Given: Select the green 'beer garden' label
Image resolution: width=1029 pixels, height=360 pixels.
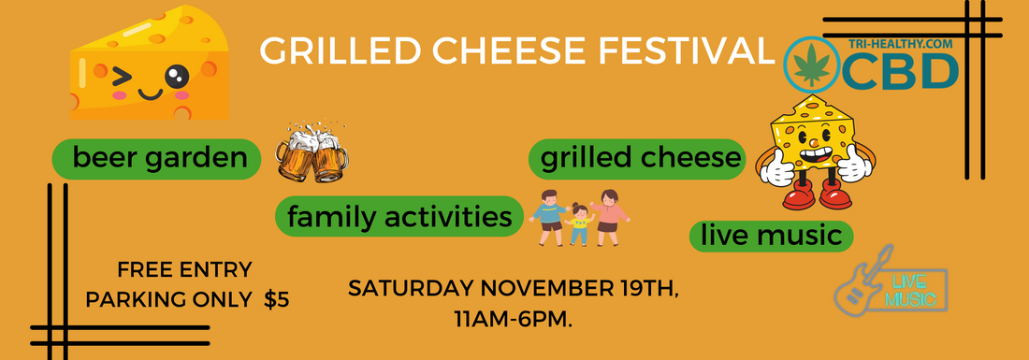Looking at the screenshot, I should (x=156, y=160).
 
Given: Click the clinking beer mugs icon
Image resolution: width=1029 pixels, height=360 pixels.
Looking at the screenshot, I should (x=312, y=155).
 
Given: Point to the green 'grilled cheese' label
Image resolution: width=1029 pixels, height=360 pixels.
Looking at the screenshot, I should (x=637, y=158).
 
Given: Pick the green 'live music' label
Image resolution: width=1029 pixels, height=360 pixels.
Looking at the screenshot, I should (x=772, y=235).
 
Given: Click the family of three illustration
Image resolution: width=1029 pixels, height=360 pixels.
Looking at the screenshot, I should (x=579, y=217).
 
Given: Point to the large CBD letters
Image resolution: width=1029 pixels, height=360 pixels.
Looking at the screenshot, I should (x=902, y=72).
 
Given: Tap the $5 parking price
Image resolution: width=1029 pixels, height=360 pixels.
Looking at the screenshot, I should (x=277, y=300).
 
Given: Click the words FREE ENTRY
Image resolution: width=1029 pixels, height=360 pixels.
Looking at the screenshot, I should (x=184, y=271).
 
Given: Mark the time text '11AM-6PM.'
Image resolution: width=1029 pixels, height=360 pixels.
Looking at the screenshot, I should (x=513, y=319).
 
